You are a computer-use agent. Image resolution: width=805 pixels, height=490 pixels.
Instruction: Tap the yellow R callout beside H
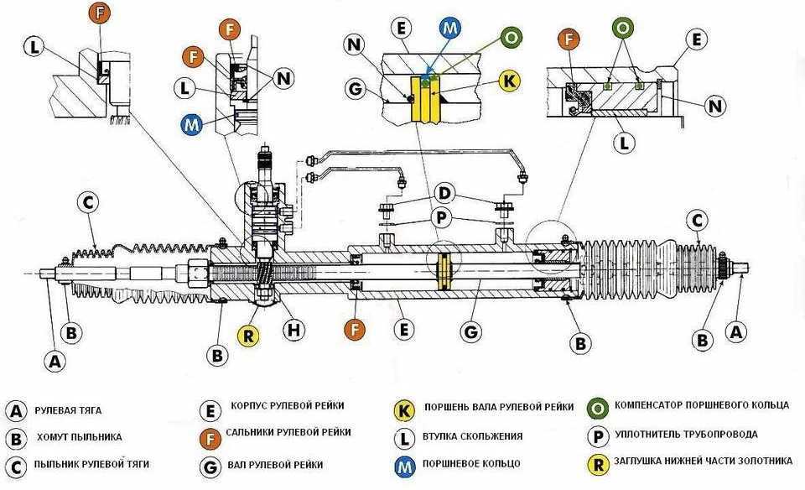(247, 336)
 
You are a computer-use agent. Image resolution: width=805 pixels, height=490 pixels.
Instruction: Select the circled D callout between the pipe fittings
(444, 195)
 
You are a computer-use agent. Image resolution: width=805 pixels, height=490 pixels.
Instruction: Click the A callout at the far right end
(736, 332)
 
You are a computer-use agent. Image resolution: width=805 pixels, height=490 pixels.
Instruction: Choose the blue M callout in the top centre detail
(450, 28)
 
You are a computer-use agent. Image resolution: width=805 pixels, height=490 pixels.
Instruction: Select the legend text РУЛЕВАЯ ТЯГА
(68, 411)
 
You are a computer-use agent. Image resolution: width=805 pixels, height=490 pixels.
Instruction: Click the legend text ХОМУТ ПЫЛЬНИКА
(79, 436)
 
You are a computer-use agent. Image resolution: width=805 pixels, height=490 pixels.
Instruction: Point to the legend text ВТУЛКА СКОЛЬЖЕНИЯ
(474, 436)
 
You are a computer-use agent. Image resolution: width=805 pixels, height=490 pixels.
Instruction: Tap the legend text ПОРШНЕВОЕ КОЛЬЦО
(473, 463)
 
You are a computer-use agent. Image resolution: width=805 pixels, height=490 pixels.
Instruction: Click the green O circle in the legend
(599, 407)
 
